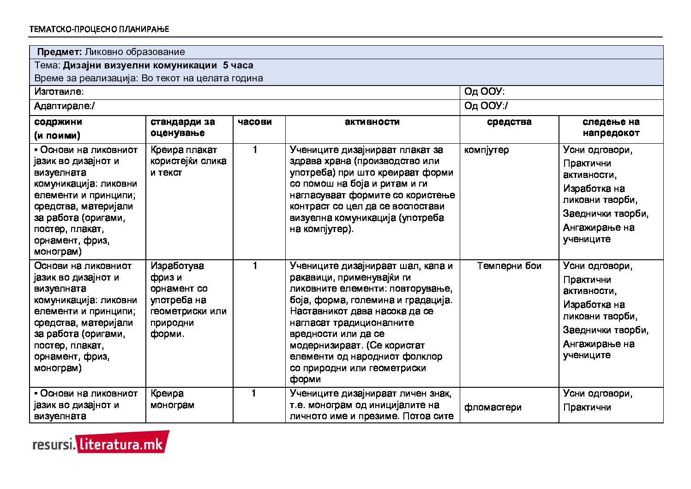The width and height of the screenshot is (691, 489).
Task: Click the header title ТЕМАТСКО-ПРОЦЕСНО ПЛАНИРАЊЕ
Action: [x=99, y=29]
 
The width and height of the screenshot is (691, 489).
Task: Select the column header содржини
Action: [x=58, y=122]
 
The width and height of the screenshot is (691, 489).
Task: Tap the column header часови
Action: [x=255, y=122]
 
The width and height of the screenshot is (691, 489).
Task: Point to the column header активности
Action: [x=372, y=122]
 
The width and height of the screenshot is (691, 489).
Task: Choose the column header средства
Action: [x=509, y=122]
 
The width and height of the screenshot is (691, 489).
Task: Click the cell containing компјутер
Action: [x=487, y=150]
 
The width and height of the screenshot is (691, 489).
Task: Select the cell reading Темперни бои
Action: [x=509, y=266]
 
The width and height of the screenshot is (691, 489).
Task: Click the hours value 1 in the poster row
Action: [x=255, y=150]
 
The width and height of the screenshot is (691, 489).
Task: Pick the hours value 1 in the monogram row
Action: [x=254, y=394]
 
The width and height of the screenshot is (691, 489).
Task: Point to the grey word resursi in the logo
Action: [x=53, y=445]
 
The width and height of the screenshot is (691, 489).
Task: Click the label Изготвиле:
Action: [x=59, y=92]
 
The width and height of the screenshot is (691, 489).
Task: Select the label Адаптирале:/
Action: [x=64, y=106]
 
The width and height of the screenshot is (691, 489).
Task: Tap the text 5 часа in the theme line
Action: [x=238, y=66]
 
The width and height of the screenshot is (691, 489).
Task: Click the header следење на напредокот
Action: [x=611, y=128]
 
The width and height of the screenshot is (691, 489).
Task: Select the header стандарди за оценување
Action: [x=183, y=128]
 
